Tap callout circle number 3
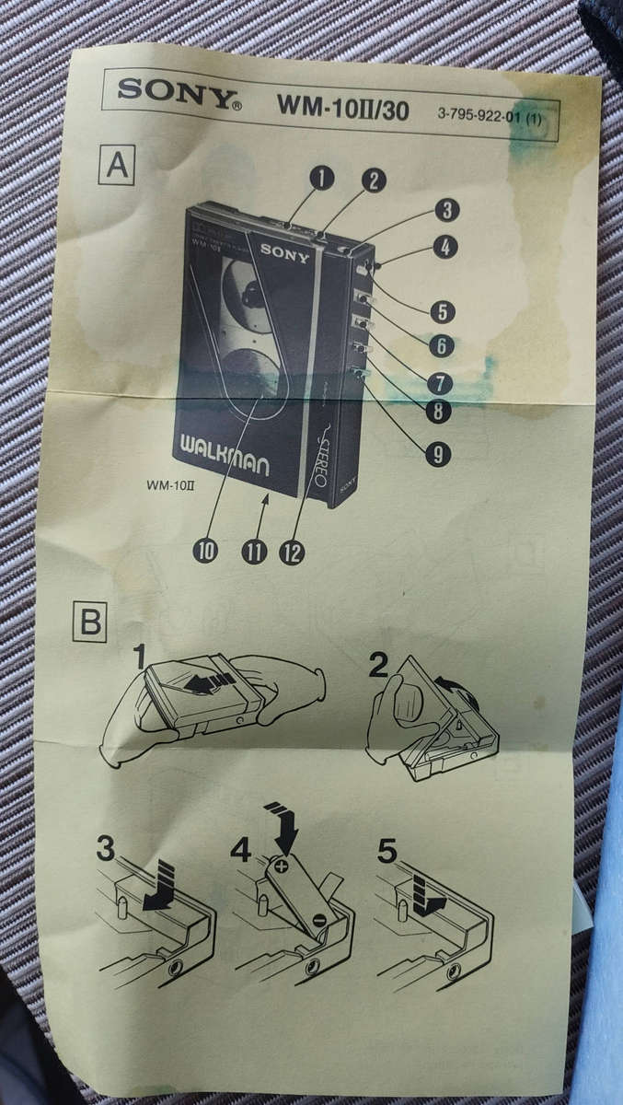coord(446,210)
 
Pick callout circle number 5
coord(444,311)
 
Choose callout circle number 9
coord(438,452)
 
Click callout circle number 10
coord(206,550)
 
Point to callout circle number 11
coord(253,551)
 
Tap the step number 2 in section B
coord(378,666)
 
